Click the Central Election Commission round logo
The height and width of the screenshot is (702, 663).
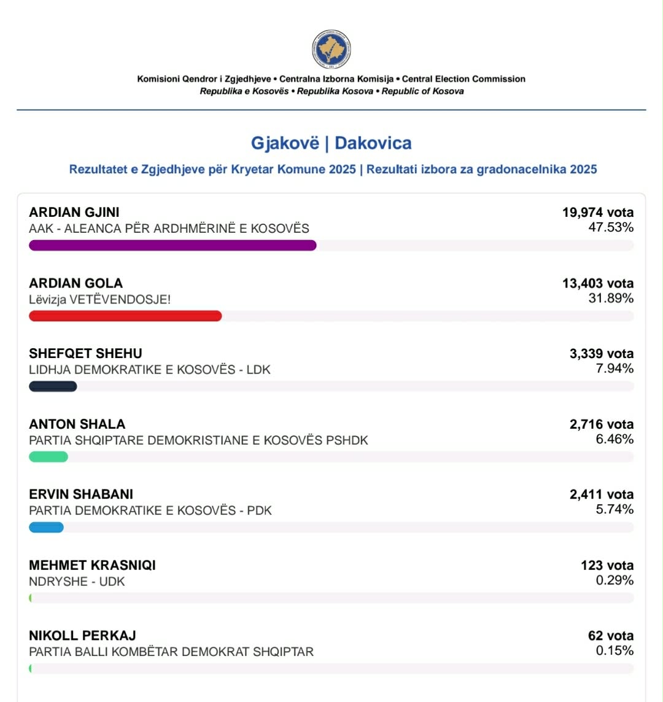click(331, 49)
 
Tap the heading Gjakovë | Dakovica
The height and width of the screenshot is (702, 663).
click(331, 143)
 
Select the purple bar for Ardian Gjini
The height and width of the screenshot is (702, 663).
click(173, 246)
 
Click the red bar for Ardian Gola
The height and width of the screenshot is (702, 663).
click(125, 316)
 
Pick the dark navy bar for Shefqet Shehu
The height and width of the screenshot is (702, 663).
click(53, 386)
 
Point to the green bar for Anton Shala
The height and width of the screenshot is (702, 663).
click(48, 457)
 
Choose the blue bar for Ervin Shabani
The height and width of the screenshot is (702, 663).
click(47, 528)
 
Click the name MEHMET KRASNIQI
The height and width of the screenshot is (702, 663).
click(92, 565)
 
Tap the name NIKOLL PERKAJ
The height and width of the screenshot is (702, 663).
click(82, 636)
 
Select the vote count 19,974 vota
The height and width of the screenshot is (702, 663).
click(598, 213)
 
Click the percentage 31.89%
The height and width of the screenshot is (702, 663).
click(611, 298)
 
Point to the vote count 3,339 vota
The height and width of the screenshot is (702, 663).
click(602, 354)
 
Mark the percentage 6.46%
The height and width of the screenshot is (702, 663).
click(615, 439)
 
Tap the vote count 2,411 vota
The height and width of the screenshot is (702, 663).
click(602, 494)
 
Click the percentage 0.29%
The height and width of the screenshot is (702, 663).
click(615, 580)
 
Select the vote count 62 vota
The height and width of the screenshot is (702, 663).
click(611, 636)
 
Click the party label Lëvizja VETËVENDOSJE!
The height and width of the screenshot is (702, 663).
click(100, 300)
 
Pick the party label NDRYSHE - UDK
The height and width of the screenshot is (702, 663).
click(77, 582)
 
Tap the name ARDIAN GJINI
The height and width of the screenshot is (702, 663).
click(74, 213)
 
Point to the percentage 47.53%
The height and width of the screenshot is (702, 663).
click(611, 228)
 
